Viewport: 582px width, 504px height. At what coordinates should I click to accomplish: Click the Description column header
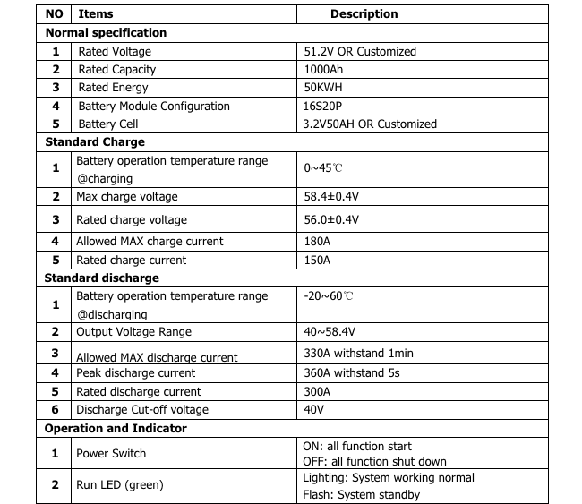tap(364, 14)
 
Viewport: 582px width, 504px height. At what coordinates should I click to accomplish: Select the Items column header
tap(96, 14)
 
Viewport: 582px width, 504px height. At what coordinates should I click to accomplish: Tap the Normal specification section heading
tap(106, 33)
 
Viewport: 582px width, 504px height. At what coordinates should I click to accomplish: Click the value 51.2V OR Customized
tap(360, 52)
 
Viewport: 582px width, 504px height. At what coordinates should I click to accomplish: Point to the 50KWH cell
tap(323, 88)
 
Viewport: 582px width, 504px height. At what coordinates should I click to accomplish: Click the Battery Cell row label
tap(108, 124)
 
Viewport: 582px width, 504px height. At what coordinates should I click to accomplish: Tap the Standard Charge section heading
tap(95, 142)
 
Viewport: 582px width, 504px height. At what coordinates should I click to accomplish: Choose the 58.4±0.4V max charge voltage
tap(331, 197)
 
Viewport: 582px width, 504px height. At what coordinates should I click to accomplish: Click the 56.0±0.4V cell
tap(331, 220)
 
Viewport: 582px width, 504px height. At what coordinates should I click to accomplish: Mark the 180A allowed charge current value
tap(317, 242)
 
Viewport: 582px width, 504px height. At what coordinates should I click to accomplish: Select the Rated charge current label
tap(131, 261)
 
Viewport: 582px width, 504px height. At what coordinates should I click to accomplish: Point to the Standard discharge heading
tap(102, 278)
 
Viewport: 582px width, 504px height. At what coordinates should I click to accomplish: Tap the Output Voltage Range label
tap(133, 332)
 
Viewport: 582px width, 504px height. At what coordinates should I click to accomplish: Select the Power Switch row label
tap(111, 454)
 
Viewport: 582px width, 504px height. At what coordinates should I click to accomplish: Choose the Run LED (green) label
tap(120, 485)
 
